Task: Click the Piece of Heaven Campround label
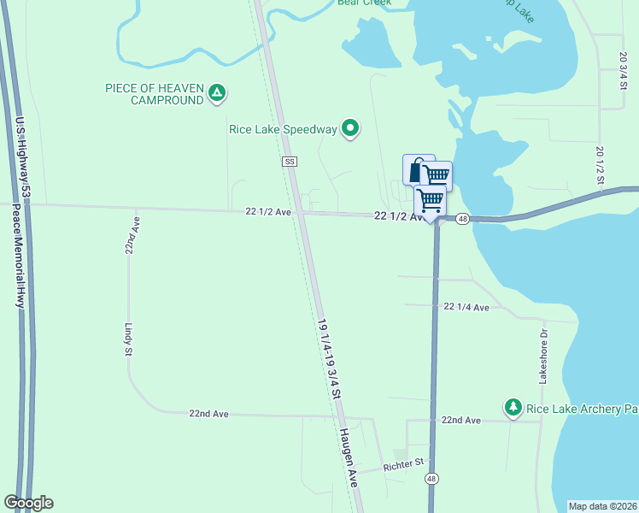point(154,94)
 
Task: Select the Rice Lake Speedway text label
point(284,129)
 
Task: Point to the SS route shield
point(290,161)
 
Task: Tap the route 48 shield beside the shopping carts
point(462,219)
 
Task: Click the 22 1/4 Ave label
point(466,307)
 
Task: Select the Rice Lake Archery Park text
point(582,409)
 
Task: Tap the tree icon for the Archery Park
point(513,408)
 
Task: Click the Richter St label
point(404,463)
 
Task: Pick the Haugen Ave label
point(351,470)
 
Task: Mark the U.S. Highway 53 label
point(22,158)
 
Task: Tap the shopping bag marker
point(417,170)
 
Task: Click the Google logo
point(29,503)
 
